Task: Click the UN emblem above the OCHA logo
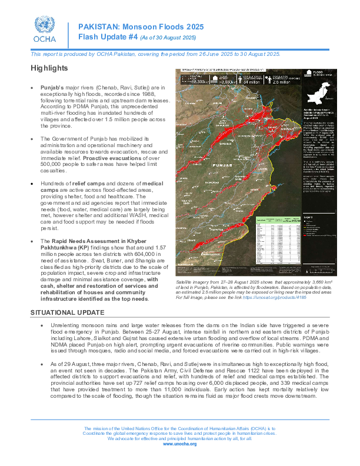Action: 43,24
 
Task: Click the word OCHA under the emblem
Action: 43,40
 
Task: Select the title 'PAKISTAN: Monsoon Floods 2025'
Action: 141,27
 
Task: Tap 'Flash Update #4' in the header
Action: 108,37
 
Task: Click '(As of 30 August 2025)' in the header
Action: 168,38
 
